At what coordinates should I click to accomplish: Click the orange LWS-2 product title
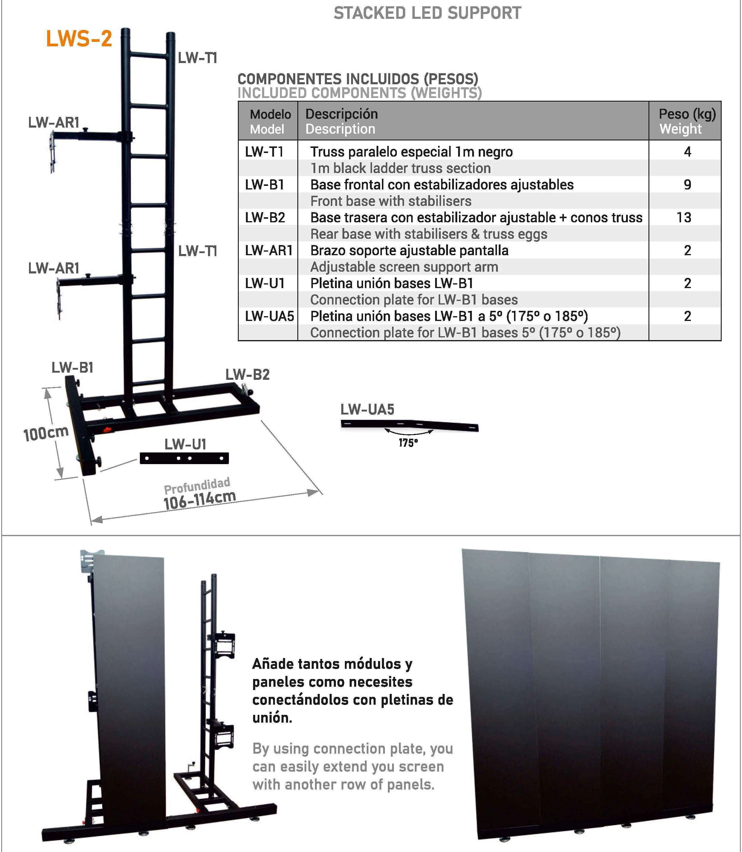pyautogui.click(x=79, y=39)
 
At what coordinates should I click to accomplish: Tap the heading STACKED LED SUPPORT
pyautogui.click(x=427, y=13)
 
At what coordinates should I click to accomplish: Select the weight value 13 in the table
pyautogui.click(x=684, y=217)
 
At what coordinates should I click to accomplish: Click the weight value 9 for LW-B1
pyautogui.click(x=687, y=185)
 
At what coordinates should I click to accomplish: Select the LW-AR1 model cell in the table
pyautogui.click(x=268, y=250)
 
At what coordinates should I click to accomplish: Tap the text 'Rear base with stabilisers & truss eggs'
pyautogui.click(x=429, y=234)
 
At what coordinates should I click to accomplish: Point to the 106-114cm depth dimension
pyautogui.click(x=200, y=500)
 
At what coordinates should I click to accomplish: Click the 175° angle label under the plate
pyautogui.click(x=408, y=443)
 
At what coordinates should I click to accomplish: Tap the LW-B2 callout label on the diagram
pyautogui.click(x=247, y=375)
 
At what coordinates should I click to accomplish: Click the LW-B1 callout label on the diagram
pyautogui.click(x=72, y=368)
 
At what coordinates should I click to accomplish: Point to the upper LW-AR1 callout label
pyautogui.click(x=53, y=123)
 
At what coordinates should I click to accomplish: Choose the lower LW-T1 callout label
pyautogui.click(x=198, y=251)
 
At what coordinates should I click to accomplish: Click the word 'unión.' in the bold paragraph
pyautogui.click(x=272, y=718)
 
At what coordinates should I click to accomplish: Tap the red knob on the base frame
pyautogui.click(x=108, y=430)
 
